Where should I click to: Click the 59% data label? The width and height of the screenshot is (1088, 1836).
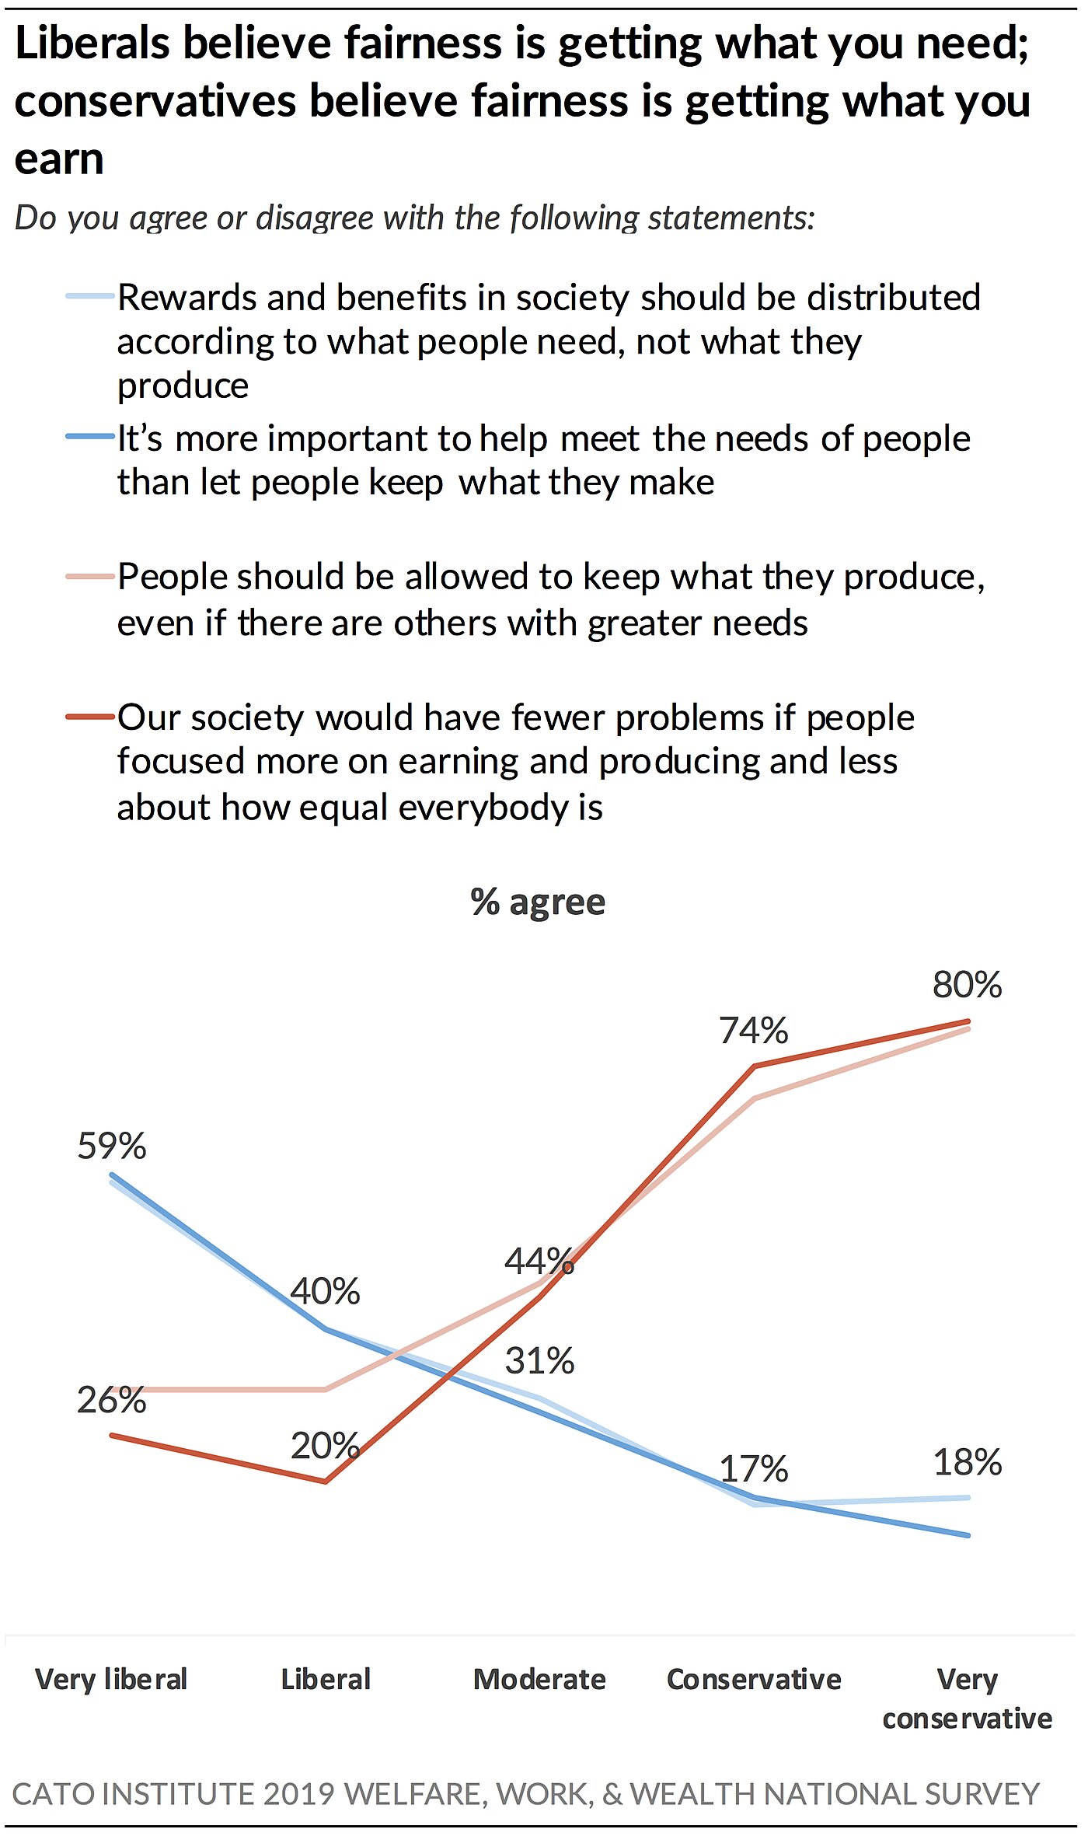[x=112, y=1147]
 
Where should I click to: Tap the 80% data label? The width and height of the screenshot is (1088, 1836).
[x=968, y=985]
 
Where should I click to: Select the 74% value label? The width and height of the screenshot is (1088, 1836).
[x=753, y=1031]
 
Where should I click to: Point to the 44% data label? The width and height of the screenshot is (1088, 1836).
[x=539, y=1261]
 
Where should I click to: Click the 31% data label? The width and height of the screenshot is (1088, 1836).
[x=539, y=1361]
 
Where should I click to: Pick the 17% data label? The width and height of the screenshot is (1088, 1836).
[x=753, y=1469]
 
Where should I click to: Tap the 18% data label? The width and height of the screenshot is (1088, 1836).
[x=968, y=1462]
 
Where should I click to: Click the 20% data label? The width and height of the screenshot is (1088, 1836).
[x=325, y=1446]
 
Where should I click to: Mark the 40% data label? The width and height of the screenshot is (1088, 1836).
[x=325, y=1291]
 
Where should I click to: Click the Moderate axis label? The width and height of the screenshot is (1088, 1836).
[x=539, y=1679]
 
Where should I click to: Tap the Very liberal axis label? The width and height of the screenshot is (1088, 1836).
[x=112, y=1679]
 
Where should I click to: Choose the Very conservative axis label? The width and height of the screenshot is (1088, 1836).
[x=968, y=1698]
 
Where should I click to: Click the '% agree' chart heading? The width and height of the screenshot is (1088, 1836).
[x=538, y=902]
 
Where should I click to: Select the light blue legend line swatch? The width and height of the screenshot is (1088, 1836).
[x=91, y=296]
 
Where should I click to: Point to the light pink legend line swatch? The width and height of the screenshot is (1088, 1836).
[x=91, y=576]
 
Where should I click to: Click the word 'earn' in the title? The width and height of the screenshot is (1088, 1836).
[x=59, y=159]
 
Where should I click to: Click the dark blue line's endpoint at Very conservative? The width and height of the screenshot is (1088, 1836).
[x=968, y=1535]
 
